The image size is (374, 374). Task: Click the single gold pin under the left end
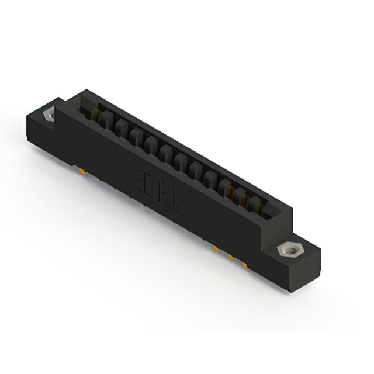click(x=84, y=172)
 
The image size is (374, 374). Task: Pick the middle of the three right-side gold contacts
click(x=244, y=198)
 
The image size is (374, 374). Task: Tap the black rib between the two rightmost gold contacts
click(x=250, y=200)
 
